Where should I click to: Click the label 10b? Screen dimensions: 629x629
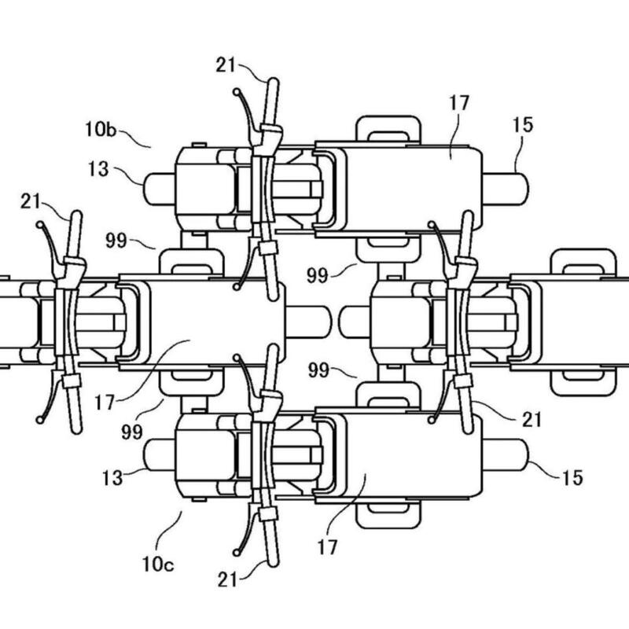101,129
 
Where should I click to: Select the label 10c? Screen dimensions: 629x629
158,565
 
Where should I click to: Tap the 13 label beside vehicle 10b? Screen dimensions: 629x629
98,169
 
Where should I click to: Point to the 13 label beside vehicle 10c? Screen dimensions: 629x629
112,478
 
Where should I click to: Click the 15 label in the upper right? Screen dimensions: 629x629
523,125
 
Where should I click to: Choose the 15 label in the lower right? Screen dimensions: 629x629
572,477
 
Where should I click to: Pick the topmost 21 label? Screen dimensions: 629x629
226,65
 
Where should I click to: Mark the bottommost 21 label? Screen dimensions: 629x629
227,579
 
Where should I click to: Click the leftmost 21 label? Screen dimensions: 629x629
31,201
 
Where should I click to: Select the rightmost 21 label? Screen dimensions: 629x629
532,420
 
